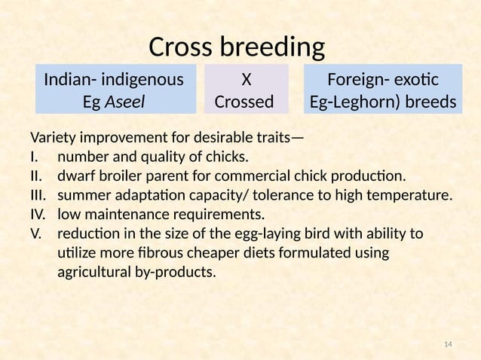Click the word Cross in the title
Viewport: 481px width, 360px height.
tap(182, 47)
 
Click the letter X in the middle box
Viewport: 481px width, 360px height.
tap(245, 79)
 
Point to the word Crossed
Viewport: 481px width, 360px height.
tap(245, 100)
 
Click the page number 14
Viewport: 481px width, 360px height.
tap(448, 344)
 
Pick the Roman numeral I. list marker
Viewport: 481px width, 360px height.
tap(34, 157)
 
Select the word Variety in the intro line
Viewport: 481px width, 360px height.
tap(53, 138)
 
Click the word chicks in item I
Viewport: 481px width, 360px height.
tap(226, 157)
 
